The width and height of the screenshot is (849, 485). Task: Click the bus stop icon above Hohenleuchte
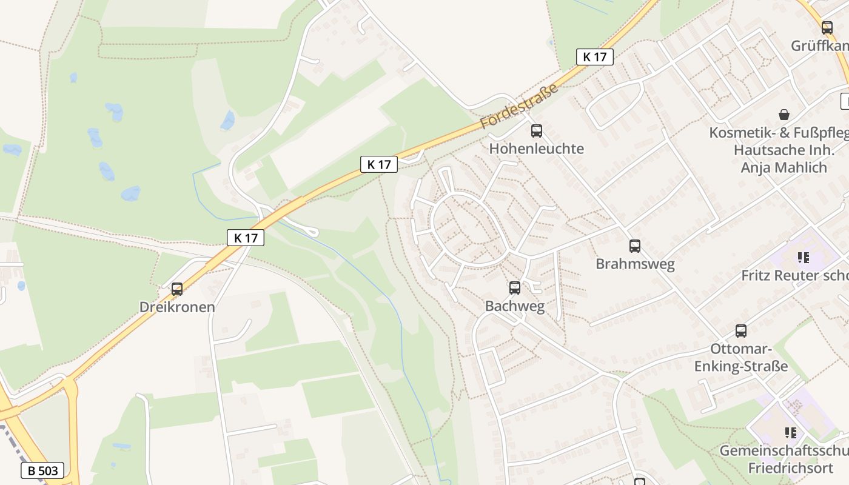(536, 130)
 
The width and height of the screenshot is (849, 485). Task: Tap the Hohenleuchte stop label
(537, 149)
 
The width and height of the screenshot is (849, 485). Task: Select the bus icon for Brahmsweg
(635, 246)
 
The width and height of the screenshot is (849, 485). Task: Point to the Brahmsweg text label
(635, 264)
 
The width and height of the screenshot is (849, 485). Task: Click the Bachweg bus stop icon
(515, 288)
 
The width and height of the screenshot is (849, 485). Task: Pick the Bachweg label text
(515, 307)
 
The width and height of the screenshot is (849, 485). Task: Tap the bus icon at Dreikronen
(177, 289)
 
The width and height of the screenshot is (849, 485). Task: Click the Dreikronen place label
(177, 307)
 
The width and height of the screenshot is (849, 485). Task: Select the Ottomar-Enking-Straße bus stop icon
(741, 331)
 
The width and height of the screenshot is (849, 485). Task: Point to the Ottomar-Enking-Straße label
(741, 358)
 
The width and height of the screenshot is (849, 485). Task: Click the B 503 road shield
(42, 470)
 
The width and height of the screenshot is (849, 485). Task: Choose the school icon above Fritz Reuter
(804, 258)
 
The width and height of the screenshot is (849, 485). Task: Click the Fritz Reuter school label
(794, 275)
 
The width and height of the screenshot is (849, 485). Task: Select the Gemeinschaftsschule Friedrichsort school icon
(791, 433)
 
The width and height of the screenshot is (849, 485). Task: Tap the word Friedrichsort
(790, 468)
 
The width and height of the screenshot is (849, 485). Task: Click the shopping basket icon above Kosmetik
(784, 115)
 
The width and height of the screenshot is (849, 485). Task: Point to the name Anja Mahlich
(784, 167)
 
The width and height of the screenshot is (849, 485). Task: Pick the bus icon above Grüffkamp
(827, 27)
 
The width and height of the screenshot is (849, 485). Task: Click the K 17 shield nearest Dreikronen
(246, 238)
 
